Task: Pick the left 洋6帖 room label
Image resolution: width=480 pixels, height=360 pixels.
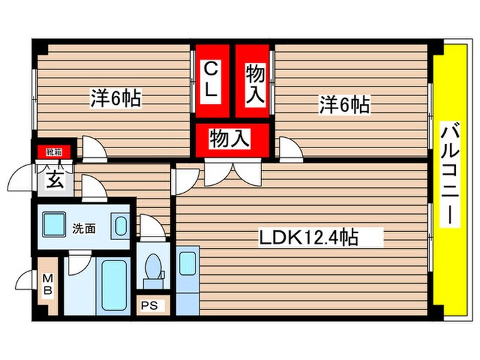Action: (115, 99)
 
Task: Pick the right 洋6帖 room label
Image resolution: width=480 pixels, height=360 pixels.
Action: (344, 105)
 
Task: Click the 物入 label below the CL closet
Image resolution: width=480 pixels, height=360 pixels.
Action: (229, 139)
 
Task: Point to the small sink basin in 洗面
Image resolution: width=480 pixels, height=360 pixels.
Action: (120, 227)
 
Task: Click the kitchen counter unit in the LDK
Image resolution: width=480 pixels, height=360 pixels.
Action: (187, 280)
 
